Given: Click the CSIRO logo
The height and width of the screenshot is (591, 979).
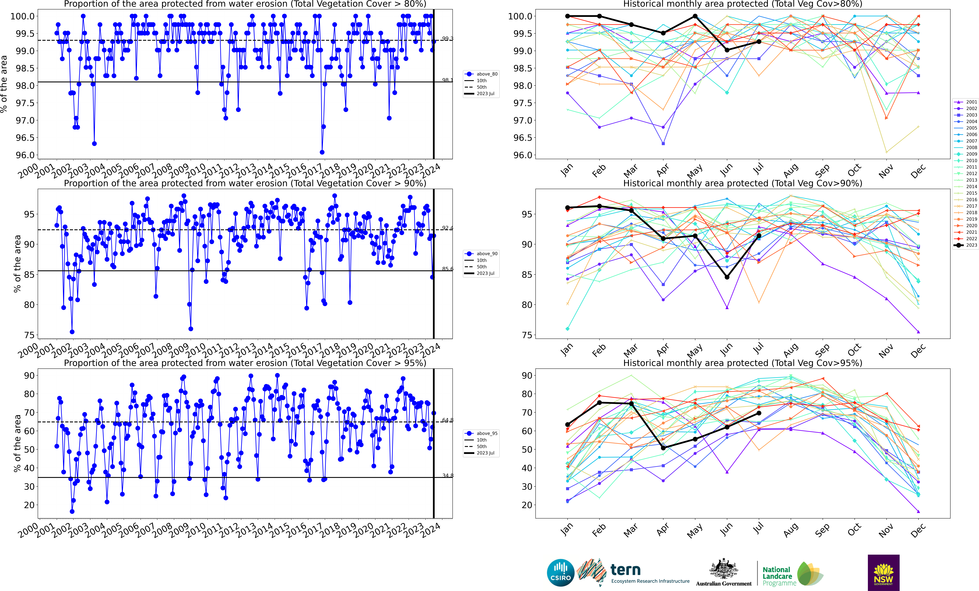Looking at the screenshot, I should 561,573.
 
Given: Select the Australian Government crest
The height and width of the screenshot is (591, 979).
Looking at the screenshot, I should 724,569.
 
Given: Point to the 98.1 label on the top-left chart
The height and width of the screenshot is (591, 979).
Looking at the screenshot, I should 447,80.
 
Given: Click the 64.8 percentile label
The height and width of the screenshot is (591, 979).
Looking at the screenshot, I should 447,420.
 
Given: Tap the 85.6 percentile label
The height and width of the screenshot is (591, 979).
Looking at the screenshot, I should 447,269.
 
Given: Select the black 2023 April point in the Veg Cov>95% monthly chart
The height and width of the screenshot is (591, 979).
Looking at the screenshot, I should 663,448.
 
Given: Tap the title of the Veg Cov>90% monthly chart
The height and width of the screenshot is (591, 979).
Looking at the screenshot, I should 743,183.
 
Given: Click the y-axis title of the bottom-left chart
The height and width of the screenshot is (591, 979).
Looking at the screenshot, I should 17,443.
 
